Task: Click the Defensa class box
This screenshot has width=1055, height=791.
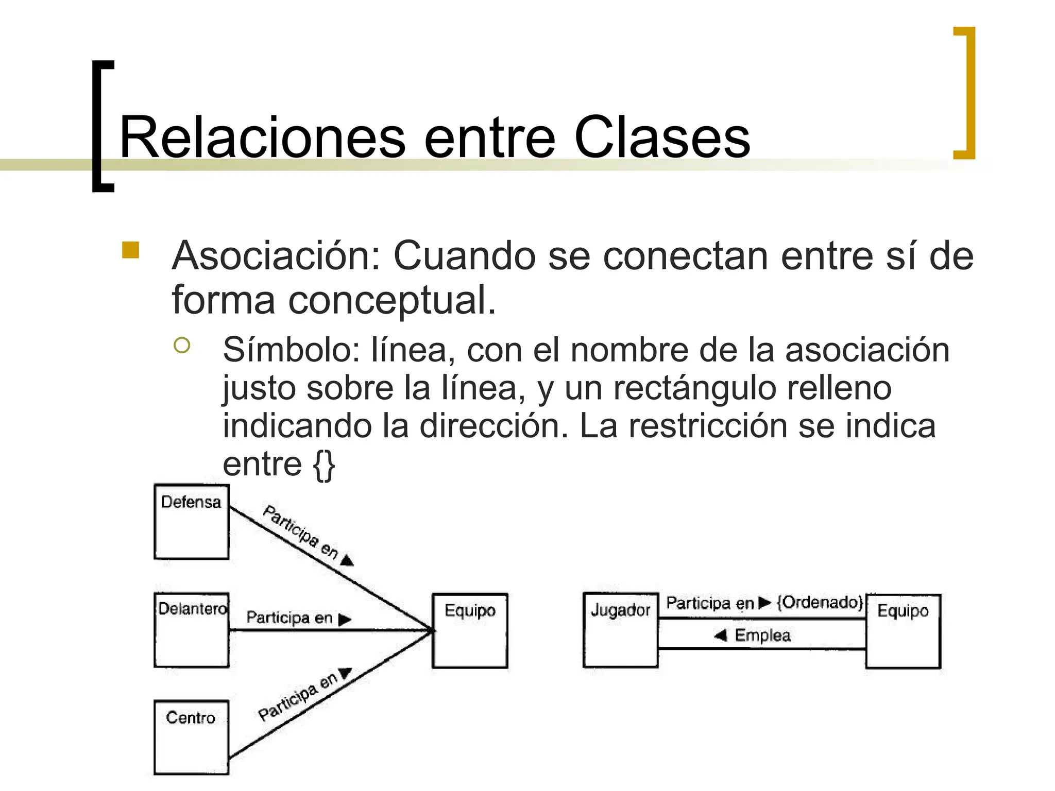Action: click(191, 522)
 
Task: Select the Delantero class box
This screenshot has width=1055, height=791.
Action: click(191, 630)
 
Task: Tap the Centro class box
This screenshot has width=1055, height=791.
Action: click(191, 737)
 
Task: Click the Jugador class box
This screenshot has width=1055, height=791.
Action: click(620, 630)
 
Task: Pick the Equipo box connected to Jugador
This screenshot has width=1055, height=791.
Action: click(903, 631)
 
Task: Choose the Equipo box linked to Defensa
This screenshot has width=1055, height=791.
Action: click(470, 630)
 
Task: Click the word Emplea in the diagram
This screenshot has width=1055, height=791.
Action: click(762, 635)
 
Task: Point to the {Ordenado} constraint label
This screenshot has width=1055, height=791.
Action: click(820, 602)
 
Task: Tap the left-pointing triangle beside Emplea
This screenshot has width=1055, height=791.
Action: click(721, 635)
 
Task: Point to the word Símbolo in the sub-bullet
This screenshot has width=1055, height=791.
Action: click(292, 350)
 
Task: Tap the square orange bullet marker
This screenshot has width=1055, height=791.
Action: click(131, 250)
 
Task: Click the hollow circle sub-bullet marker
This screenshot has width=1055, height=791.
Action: click(182, 345)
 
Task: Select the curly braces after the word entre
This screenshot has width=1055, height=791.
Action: click(324, 465)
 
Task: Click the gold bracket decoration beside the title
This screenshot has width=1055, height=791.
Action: click(965, 93)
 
